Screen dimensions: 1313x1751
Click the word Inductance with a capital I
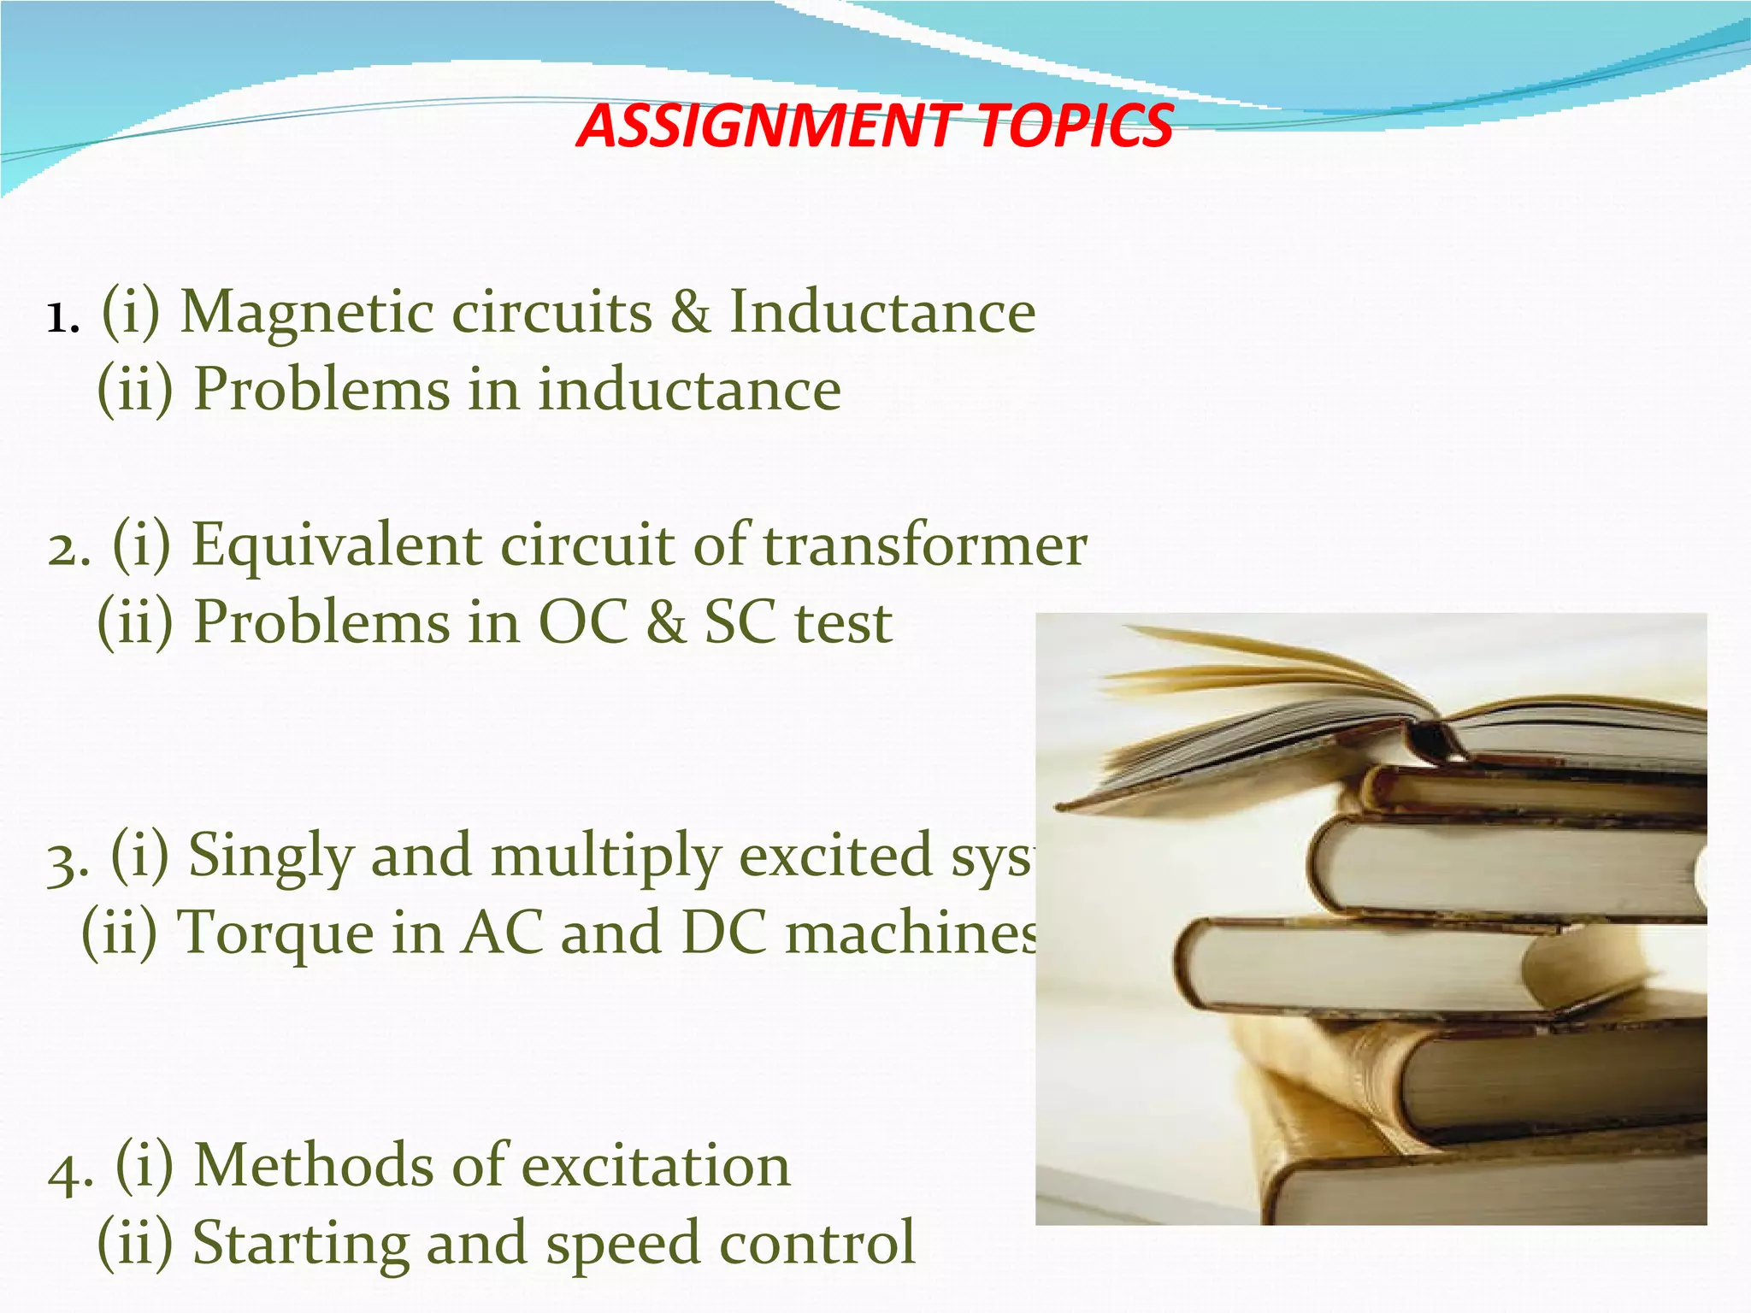coord(881,311)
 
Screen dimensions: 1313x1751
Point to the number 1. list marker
coord(62,318)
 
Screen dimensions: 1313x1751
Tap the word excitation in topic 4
coord(656,1166)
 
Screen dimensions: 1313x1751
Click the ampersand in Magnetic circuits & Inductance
coord(690,311)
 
